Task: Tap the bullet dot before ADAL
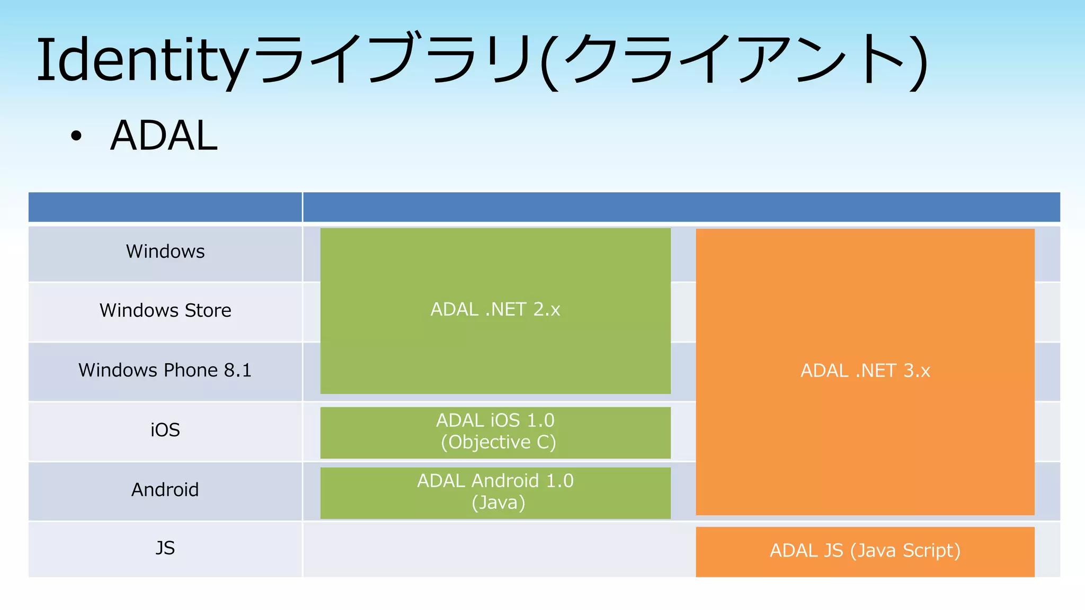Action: [x=76, y=136]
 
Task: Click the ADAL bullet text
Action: [x=164, y=136]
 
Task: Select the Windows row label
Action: [x=165, y=252]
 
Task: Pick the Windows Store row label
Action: [x=165, y=310]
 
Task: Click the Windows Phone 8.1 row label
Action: [x=165, y=370]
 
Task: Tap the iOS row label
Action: [x=165, y=430]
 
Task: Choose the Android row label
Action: [x=165, y=490]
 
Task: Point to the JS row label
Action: [x=165, y=548]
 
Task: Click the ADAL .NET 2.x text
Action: [x=495, y=309]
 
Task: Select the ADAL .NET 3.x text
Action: [x=865, y=371]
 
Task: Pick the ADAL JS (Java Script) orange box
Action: [x=865, y=551]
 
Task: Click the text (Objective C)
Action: [x=499, y=442]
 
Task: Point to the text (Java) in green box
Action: [x=499, y=503]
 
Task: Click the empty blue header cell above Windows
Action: [x=165, y=207]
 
